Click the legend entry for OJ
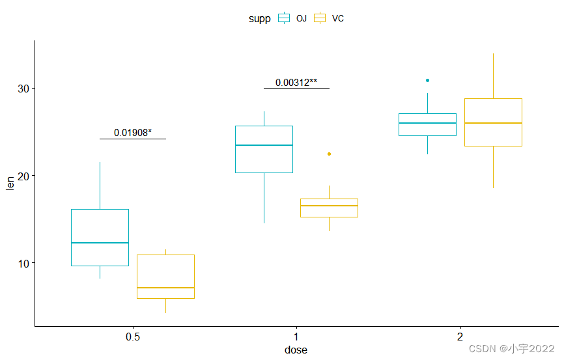pos(292,18)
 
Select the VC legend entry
pos(329,18)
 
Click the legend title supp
pos(259,18)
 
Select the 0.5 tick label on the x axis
pos(133,338)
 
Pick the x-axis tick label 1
pos(297,338)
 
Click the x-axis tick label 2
pos(460,338)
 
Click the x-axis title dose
pos(296,350)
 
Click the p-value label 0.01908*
pos(133,133)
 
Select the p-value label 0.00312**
pos(296,83)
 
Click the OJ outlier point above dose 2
pos(427,80)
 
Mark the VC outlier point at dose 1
pos(329,154)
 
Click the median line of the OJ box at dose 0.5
pos(100,243)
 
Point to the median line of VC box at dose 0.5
pos(165,287)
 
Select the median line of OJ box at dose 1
pos(264,145)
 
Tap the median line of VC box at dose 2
pos(493,123)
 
